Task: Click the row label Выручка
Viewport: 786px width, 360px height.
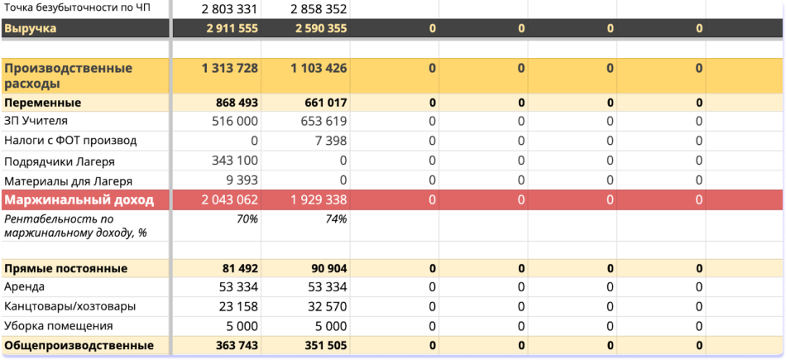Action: [x=31, y=28]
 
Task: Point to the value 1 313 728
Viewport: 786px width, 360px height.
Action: [x=229, y=68]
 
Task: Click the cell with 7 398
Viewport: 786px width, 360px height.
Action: [x=330, y=141]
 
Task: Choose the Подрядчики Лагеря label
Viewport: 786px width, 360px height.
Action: [x=60, y=161]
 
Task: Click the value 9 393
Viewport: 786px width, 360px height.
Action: [x=242, y=180]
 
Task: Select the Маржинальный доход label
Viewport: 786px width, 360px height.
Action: [x=79, y=200]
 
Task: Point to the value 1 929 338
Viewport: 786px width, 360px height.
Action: [x=319, y=200]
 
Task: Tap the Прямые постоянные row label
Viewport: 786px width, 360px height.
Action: [x=66, y=268]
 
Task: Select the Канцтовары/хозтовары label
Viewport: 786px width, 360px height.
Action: [x=70, y=306]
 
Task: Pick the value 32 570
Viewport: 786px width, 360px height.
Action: [x=323, y=306]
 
